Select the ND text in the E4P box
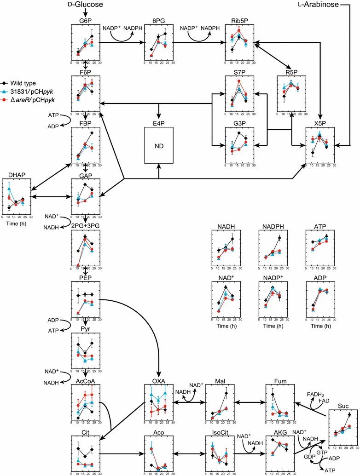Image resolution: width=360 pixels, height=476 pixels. (159, 146)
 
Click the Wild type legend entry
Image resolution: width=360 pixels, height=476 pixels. (22, 83)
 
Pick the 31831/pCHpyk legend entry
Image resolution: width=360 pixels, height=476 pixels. (28, 91)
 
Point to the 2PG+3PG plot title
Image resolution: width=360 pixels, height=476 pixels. (85, 225)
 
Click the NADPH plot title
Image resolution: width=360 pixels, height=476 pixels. (273, 226)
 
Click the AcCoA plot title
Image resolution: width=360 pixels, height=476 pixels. (85, 381)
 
